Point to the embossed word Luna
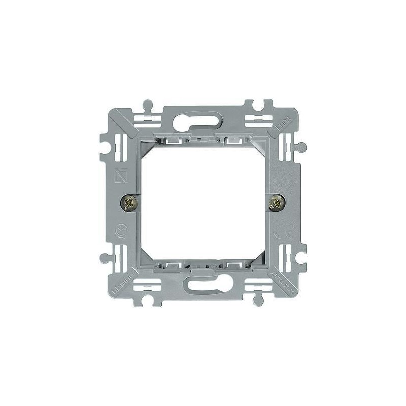[282, 123]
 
